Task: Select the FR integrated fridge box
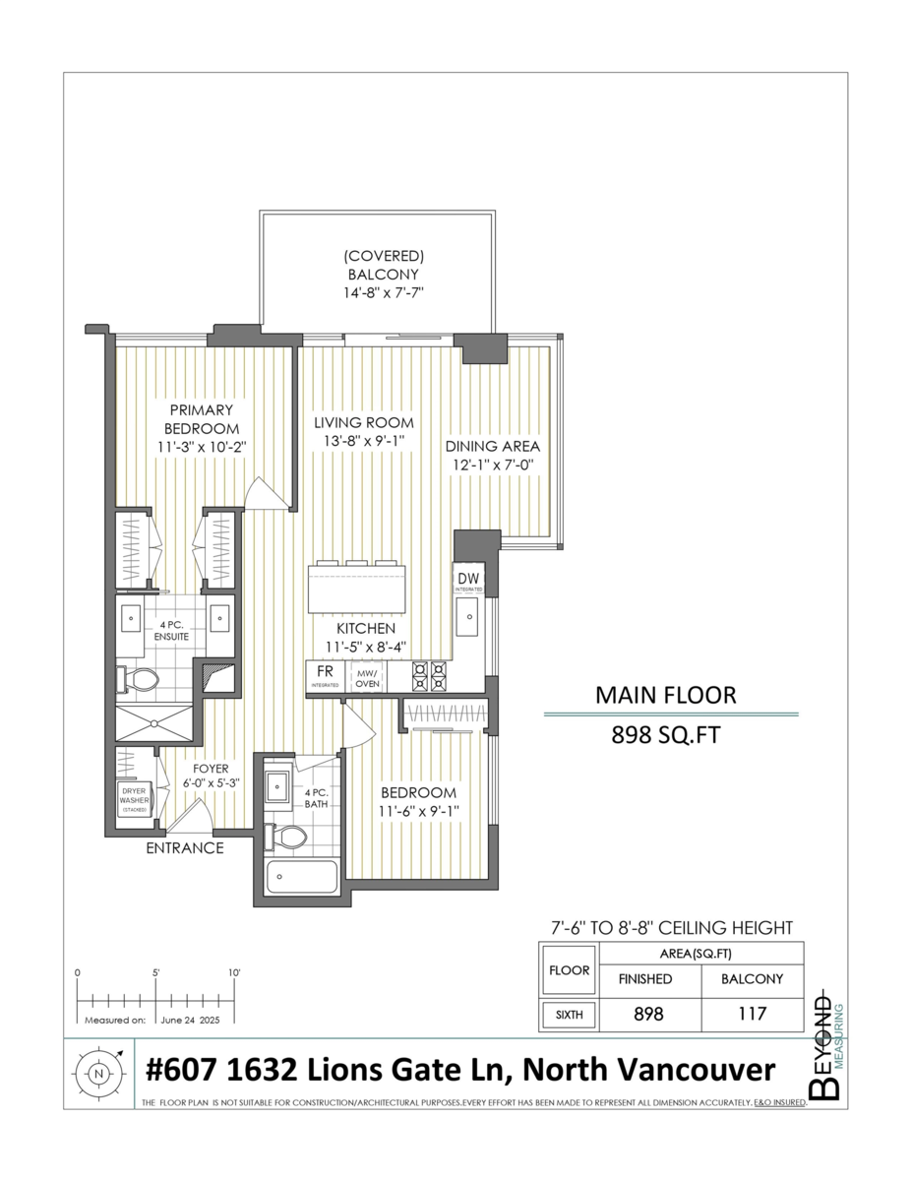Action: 325,676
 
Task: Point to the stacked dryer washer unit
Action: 135,800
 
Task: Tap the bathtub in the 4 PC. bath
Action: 301,876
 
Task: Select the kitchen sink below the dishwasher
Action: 467,616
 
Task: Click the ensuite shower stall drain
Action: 154,723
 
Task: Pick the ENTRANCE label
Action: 185,847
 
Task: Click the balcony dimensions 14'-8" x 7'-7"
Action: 383,293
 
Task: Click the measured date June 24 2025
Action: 190,1021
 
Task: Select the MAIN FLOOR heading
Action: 665,695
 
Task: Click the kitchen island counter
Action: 357,589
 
